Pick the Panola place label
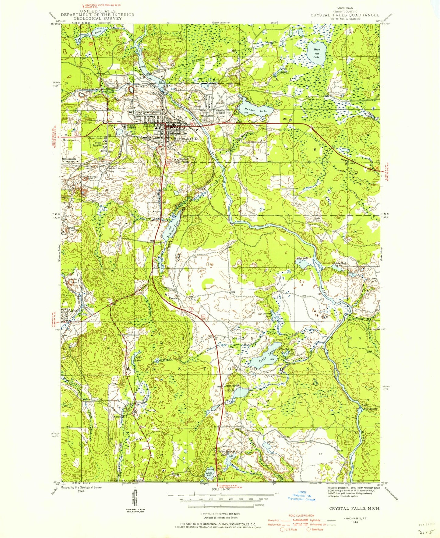(x=173, y=299)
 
